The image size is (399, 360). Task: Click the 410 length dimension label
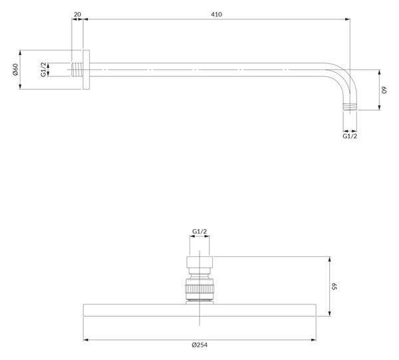pyautogui.click(x=216, y=15)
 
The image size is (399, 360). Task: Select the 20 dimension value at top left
pyautogui.click(x=77, y=15)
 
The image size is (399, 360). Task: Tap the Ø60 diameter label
pyautogui.click(x=15, y=69)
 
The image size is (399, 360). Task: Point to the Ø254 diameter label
pyautogui.click(x=199, y=345)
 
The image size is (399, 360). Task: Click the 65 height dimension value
pyautogui.click(x=334, y=286)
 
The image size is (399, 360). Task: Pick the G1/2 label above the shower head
pyautogui.click(x=199, y=231)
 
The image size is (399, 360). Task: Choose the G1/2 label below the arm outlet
pyautogui.click(x=350, y=136)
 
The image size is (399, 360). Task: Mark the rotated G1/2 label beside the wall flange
pyautogui.click(x=44, y=69)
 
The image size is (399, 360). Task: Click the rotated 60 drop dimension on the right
pyautogui.click(x=384, y=90)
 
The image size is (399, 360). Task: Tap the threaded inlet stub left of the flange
pyautogui.click(x=77, y=69)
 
